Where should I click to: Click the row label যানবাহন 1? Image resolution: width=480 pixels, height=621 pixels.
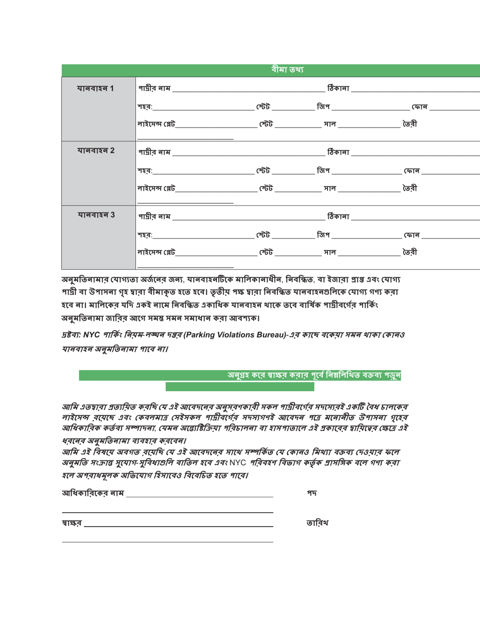pyautogui.click(x=94, y=89)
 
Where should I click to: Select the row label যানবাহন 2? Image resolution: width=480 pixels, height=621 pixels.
pyautogui.click(x=94, y=151)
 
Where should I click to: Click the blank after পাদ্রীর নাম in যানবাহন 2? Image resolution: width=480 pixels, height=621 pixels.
pyautogui.click(x=248, y=152)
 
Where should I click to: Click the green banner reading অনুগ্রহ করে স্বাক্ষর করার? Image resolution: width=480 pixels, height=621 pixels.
pyautogui.click(x=313, y=375)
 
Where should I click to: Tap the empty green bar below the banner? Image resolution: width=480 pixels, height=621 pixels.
pyautogui.click(x=239, y=387)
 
